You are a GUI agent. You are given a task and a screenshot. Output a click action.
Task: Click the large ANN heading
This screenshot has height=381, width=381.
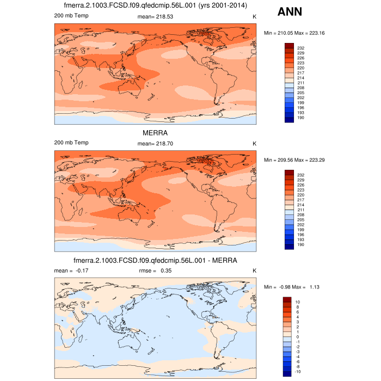[290, 12]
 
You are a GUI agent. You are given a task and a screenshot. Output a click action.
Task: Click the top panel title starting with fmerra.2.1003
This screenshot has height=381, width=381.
[155, 6]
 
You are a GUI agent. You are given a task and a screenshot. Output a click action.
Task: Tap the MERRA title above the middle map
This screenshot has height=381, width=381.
[155, 132]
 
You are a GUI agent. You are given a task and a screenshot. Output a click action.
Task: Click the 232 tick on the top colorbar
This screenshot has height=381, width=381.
[301, 48]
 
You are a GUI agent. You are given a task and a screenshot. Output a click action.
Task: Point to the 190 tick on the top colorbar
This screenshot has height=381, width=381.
[301, 117]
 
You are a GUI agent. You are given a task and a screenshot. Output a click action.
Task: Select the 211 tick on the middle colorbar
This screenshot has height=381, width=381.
[301, 210]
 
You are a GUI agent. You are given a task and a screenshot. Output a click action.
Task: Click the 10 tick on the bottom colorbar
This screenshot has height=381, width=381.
[298, 302]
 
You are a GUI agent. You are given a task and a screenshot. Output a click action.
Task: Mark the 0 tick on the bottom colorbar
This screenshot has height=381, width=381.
[297, 337]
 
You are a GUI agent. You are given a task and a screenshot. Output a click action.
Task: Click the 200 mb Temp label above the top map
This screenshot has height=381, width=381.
[71, 16]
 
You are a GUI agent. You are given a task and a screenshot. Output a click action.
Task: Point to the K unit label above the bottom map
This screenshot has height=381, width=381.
[254, 271]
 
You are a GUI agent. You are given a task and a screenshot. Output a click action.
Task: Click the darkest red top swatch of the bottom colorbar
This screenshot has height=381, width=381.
[288, 299]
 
